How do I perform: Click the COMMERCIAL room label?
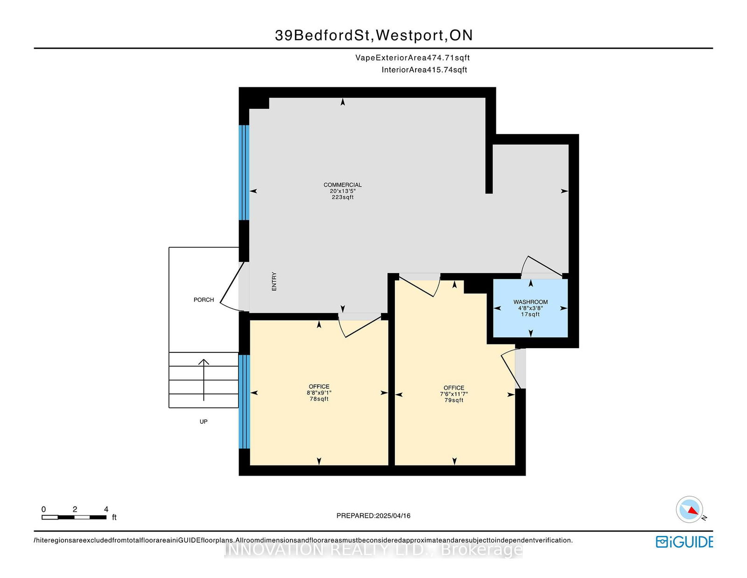pyautogui.click(x=342, y=185)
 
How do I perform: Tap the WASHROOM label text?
pyautogui.click(x=530, y=302)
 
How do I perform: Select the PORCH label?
pyautogui.click(x=204, y=300)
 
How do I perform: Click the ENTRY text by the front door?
pyautogui.click(x=274, y=281)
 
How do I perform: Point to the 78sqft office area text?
pyautogui.click(x=319, y=399)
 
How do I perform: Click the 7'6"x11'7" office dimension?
pyautogui.click(x=454, y=394)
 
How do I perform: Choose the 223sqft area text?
pyautogui.click(x=342, y=197)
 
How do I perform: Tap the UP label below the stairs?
pyautogui.click(x=204, y=421)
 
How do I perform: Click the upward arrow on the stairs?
pyautogui.click(x=204, y=380)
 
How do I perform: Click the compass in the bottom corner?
pyautogui.click(x=689, y=509)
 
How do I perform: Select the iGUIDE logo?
pyautogui.click(x=684, y=542)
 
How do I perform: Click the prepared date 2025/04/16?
pyautogui.click(x=393, y=516)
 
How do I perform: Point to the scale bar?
pyautogui.click(x=74, y=517)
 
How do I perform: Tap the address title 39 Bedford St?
pyautogui.click(x=373, y=36)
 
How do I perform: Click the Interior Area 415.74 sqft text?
pyautogui.click(x=424, y=70)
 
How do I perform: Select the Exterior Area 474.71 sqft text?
pyautogui.click(x=413, y=57)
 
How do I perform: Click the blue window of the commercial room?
pyautogui.click(x=244, y=172)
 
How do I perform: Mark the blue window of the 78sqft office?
pyautogui.click(x=244, y=401)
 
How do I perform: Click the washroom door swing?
pyautogui.click(x=542, y=267)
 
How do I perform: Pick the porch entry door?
pyautogui.click(x=233, y=286)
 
